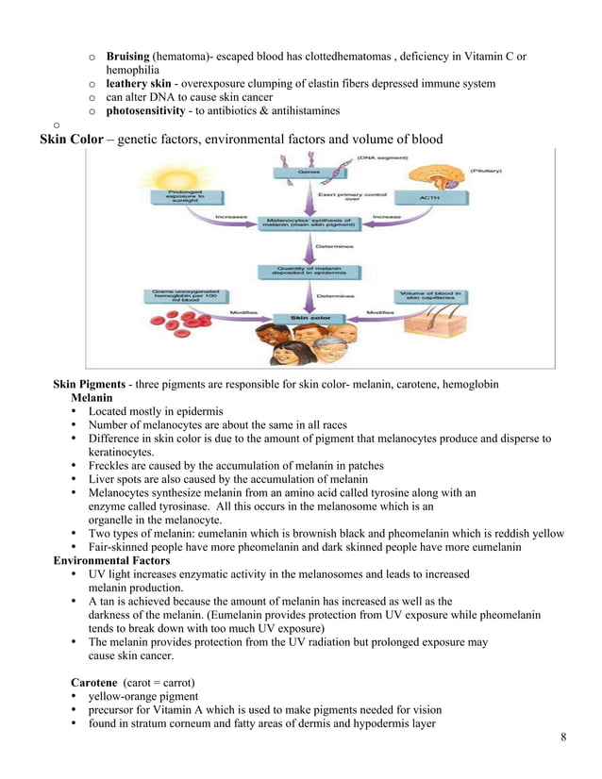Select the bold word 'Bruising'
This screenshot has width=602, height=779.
click(127, 57)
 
